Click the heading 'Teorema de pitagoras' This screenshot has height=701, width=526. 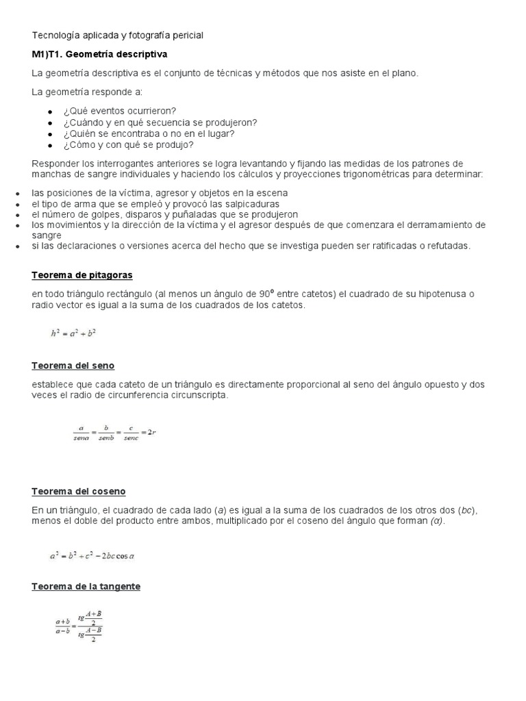pos(82,275)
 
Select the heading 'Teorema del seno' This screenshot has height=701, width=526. pos(73,366)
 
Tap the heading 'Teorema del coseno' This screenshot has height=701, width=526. pos(79,492)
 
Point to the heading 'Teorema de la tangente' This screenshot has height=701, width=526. pos(86,587)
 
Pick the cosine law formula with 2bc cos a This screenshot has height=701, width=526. pos(93,556)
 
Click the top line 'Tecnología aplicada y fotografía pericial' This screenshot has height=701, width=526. pos(117,35)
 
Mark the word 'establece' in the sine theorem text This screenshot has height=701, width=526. pos(53,385)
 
